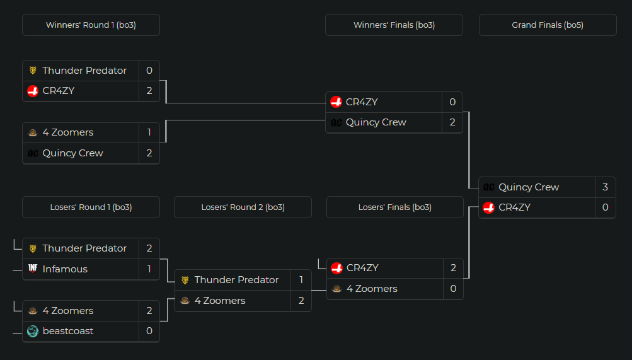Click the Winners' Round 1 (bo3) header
(91, 25)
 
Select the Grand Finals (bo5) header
(548, 25)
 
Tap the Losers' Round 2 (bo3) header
(243, 207)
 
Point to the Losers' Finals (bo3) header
(395, 207)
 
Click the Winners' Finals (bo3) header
(394, 25)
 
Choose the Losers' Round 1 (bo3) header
(91, 207)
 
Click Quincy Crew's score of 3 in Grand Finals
(605, 187)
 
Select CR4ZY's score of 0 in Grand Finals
(605, 207)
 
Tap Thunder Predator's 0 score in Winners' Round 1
(149, 71)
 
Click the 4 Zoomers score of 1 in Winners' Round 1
(149, 132)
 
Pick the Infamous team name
(65, 269)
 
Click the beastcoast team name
(68, 331)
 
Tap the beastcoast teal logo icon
(33, 331)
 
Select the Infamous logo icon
(33, 269)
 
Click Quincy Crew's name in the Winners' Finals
(376, 122)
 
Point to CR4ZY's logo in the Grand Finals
(488, 207)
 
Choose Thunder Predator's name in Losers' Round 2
(236, 280)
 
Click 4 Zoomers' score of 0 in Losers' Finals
(453, 289)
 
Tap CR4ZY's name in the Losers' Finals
(362, 268)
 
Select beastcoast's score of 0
(149, 331)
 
